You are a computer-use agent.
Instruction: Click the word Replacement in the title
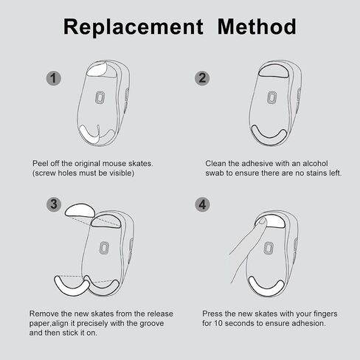pos(134,27)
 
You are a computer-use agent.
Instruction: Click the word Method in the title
pos(257,27)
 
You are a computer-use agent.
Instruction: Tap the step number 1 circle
pos(54,78)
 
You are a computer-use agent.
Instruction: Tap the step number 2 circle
pos(202,78)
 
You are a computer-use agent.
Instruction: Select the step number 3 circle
pos(54,204)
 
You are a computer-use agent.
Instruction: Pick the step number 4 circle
pos(202,204)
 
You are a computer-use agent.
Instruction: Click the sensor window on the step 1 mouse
pos(100,97)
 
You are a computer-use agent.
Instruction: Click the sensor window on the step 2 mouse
pos(271,97)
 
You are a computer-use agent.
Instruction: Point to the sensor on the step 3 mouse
pos(104,248)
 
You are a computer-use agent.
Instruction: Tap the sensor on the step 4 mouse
pos(269,248)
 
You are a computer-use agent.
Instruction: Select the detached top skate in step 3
pos(80,210)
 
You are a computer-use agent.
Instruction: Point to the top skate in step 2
pos(274,72)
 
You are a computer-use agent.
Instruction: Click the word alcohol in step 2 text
pos(315,163)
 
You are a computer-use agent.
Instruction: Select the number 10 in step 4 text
pos(218,323)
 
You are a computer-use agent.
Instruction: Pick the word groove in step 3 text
pos(152,324)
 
